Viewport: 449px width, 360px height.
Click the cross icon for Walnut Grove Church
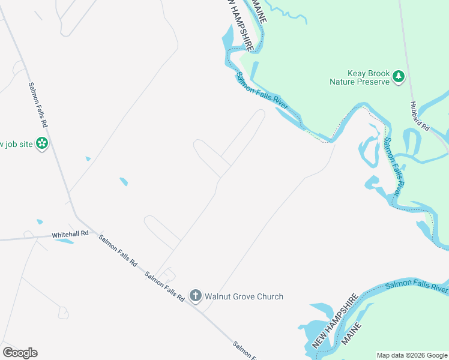(195, 295)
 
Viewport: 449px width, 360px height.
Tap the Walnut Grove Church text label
(244, 296)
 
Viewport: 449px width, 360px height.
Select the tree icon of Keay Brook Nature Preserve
(399, 76)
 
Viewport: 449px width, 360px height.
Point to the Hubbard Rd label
(420, 116)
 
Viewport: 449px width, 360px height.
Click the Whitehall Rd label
(70, 233)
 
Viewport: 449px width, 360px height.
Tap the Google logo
(20, 353)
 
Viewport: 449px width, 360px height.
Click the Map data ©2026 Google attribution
(412, 355)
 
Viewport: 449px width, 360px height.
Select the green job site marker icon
(42, 143)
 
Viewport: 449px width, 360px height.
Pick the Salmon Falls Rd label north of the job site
(37, 104)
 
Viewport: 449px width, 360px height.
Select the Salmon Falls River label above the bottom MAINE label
(417, 285)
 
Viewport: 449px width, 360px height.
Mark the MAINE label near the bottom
(352, 332)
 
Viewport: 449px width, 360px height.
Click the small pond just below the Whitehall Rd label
(64, 241)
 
